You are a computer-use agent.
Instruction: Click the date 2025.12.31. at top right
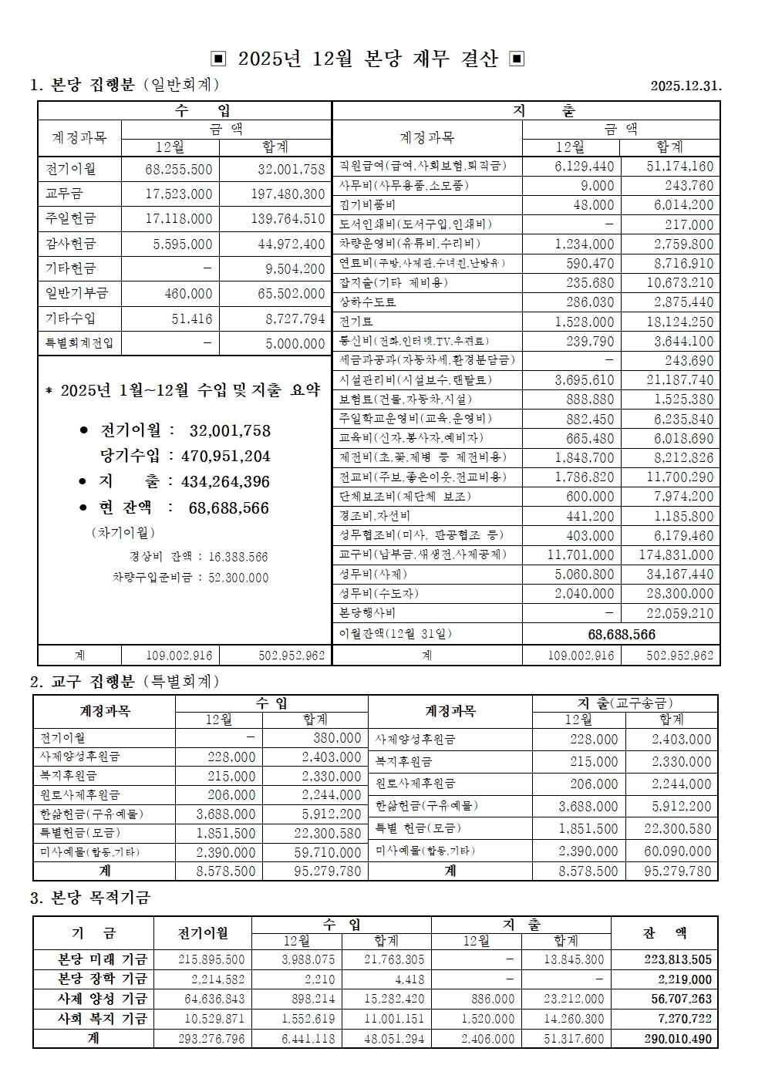(x=686, y=86)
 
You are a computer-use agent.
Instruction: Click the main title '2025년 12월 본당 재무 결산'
(x=368, y=59)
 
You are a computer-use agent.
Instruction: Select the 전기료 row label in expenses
(x=357, y=322)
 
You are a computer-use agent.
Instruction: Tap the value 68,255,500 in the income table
(x=179, y=169)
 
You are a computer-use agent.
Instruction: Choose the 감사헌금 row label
(x=70, y=244)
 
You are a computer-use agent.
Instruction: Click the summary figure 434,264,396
(x=225, y=482)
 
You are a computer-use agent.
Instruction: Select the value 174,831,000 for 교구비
(x=676, y=554)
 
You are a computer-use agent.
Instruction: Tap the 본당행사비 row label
(x=368, y=613)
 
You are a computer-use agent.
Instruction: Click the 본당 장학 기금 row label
(x=103, y=979)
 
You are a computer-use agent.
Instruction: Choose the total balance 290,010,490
(x=678, y=1039)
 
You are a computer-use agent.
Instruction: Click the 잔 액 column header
(x=664, y=933)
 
